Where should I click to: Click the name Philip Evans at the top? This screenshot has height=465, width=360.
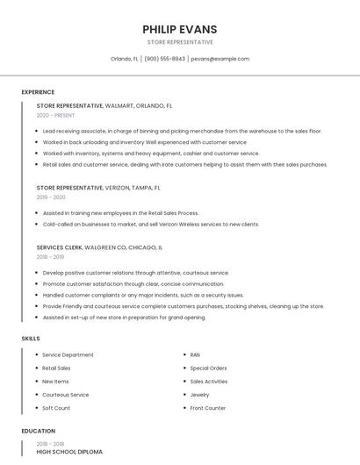179,29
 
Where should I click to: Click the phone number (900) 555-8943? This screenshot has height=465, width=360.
164,59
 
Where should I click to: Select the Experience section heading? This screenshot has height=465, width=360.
38,92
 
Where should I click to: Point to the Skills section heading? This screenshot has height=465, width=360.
31,338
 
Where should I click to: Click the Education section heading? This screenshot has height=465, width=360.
38,431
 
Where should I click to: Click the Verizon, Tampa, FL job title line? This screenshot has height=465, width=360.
97,188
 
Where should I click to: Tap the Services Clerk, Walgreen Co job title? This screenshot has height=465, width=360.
99,247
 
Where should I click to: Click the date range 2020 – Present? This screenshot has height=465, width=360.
55,115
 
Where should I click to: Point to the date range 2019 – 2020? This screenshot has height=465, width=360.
51,197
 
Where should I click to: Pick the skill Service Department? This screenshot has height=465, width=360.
68,354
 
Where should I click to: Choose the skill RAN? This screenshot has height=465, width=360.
195,354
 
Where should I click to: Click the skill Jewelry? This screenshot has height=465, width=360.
199,395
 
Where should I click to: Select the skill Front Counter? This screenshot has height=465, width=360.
207,408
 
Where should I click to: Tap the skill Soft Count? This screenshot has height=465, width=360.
56,408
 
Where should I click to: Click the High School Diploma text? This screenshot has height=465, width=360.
68,452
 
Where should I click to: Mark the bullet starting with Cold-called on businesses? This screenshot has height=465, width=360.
150,224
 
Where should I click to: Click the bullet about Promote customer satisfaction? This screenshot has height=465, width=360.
133,283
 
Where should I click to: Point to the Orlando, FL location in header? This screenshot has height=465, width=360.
124,59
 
